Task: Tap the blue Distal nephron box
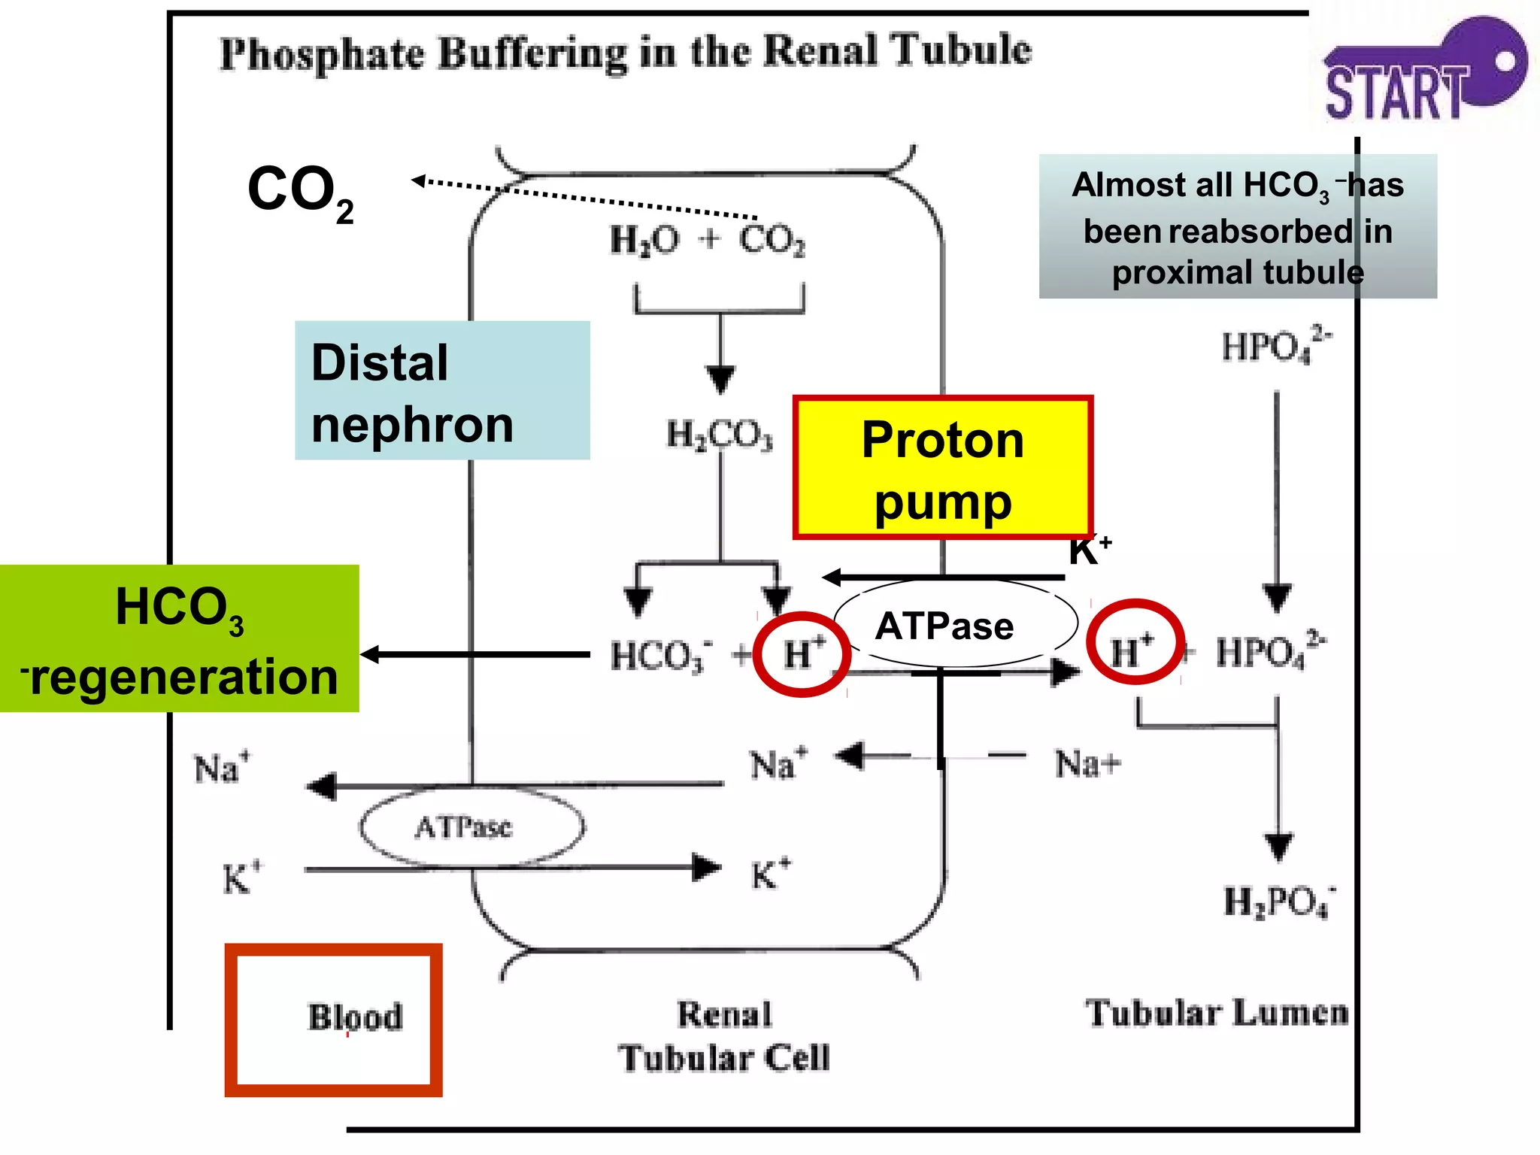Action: pyautogui.click(x=442, y=391)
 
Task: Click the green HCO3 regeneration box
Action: pyautogui.click(x=179, y=639)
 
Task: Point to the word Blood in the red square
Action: pyautogui.click(x=355, y=1017)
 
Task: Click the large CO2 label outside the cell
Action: pyautogui.click(x=299, y=191)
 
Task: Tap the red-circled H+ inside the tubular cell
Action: pyautogui.click(x=802, y=653)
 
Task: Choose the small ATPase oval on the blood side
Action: pyautogui.click(x=471, y=827)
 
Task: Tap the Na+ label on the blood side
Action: pyautogui.click(x=221, y=768)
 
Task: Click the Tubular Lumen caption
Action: pyautogui.click(x=1216, y=1013)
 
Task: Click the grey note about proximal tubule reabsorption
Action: pyautogui.click(x=1237, y=227)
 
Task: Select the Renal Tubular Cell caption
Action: pyautogui.click(x=724, y=1036)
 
